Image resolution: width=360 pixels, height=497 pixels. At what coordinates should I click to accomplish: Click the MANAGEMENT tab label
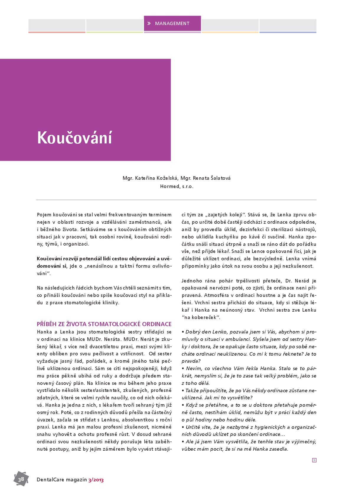[172, 24]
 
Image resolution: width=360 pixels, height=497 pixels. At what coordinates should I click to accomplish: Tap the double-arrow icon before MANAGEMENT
[149, 23]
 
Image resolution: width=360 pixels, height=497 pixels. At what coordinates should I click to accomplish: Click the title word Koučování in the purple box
[74, 138]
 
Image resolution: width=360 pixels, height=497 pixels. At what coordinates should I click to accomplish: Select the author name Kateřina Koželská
[156, 178]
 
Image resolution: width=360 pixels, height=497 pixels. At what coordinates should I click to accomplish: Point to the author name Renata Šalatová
[211, 178]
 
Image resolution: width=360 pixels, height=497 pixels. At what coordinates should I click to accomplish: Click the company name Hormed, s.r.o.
[177, 187]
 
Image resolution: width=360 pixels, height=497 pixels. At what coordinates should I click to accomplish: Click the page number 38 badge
[21, 479]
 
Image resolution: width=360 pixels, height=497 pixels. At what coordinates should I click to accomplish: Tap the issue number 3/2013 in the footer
[96, 480]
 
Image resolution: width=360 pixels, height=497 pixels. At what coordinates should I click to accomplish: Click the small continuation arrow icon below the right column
[314, 460]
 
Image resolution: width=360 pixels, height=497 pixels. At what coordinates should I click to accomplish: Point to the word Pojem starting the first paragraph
[44, 215]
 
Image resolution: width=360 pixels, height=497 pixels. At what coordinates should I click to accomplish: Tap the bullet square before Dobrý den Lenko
[183, 332]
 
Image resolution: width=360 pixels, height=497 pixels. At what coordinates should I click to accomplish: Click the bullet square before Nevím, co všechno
[183, 369]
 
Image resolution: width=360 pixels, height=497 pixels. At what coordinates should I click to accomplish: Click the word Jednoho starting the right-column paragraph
[192, 281]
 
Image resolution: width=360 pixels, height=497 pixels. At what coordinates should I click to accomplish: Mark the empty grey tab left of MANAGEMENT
[115, 25]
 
